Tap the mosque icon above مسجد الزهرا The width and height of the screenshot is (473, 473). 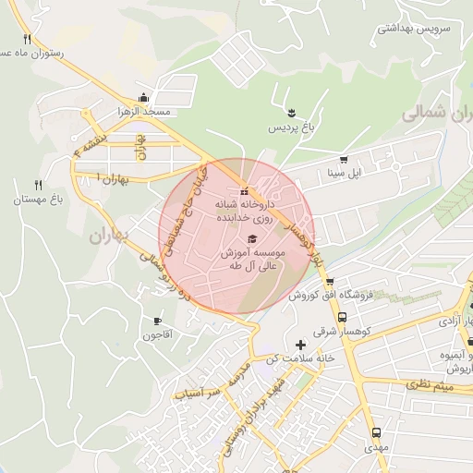pos(143,97)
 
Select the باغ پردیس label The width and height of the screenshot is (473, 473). pos(285,128)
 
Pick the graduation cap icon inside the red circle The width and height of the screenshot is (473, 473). pos(252,239)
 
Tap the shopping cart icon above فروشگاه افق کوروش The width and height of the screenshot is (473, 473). pos(329,282)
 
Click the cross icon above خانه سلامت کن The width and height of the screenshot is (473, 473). pos(298,345)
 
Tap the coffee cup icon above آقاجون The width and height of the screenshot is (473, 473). pos(157,321)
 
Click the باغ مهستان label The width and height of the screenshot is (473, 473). pos(37,200)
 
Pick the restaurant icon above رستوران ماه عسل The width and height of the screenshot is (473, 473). pos(27,39)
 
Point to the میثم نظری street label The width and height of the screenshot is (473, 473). pos(430,382)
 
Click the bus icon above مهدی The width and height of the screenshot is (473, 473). pos(375,433)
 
